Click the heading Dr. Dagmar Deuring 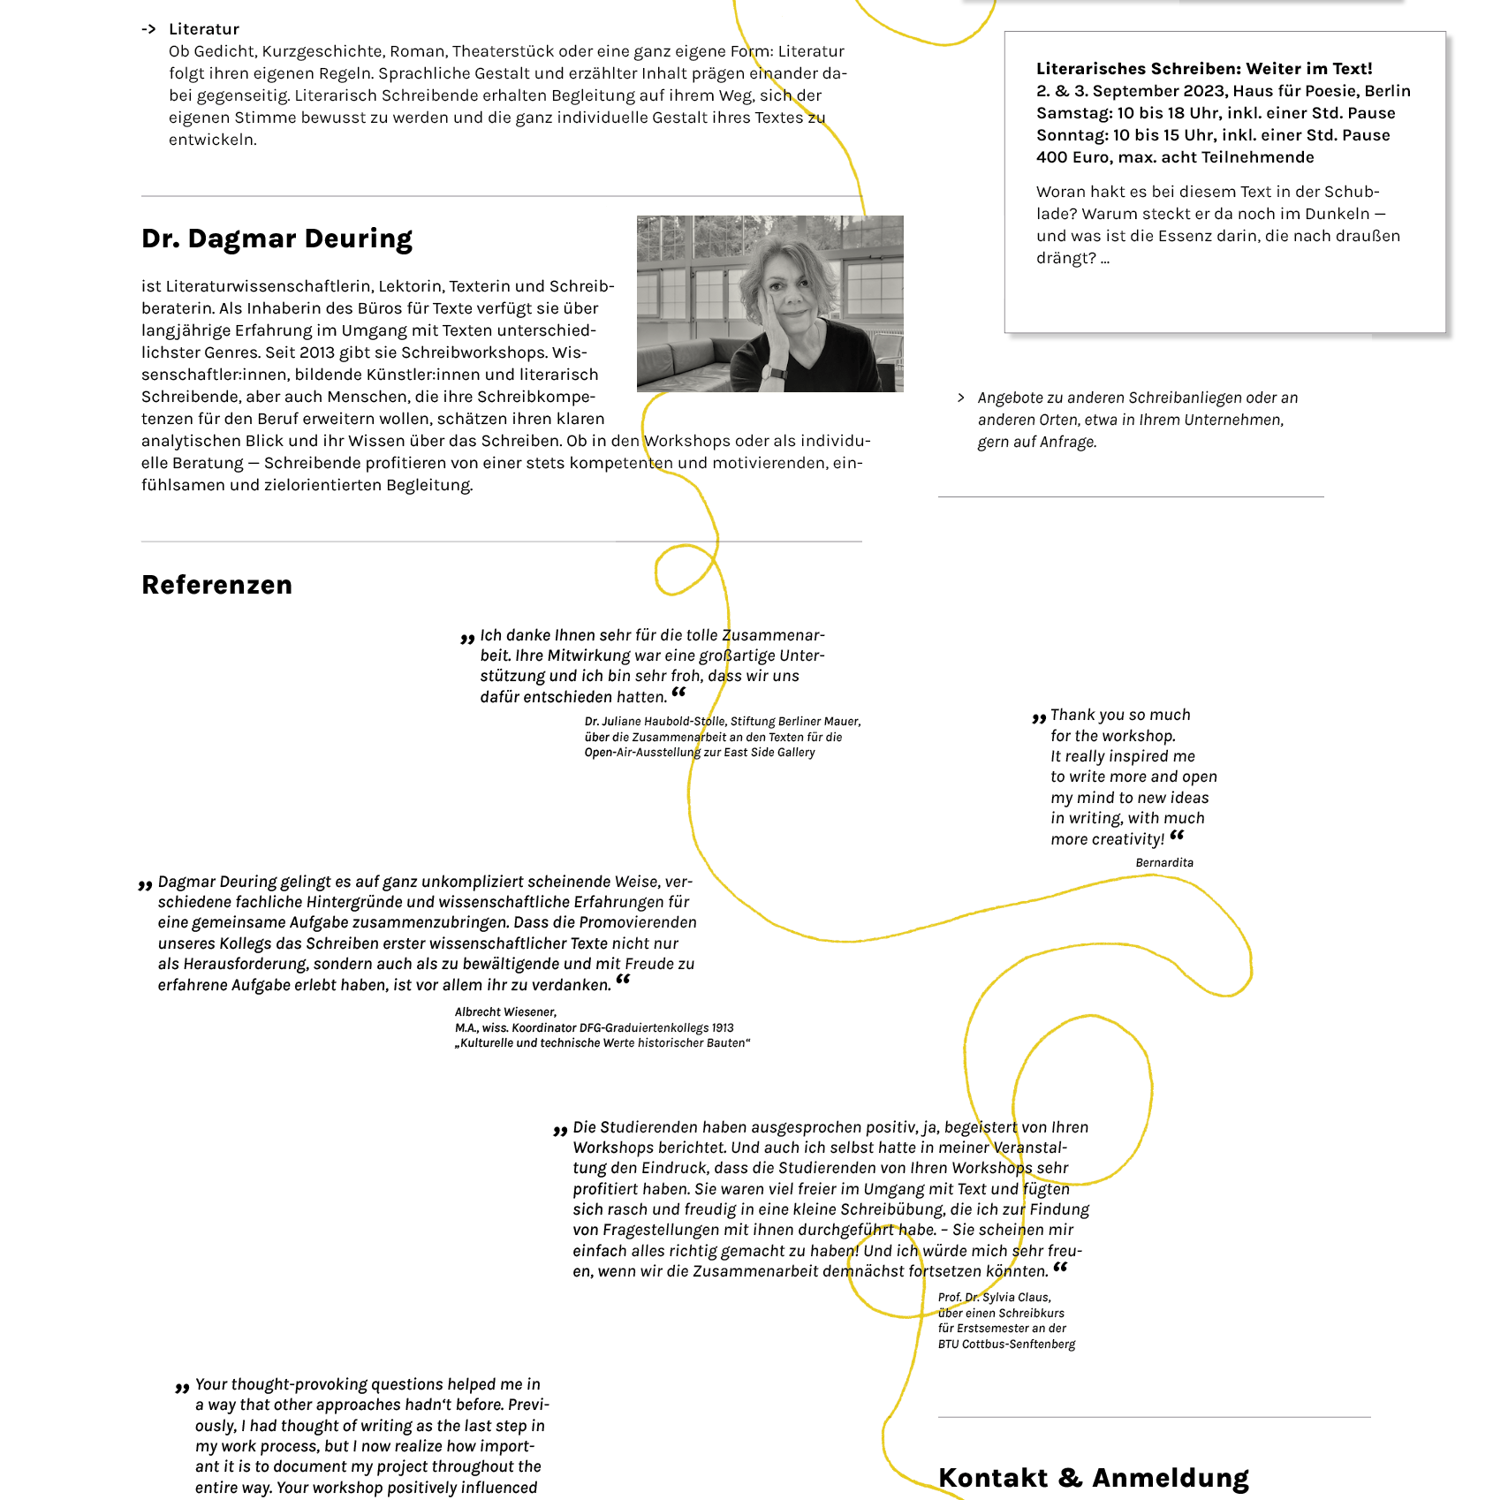click(277, 239)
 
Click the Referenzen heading click(216, 585)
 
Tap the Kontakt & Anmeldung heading click(1093, 1477)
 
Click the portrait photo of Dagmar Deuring click(769, 303)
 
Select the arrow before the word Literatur click(148, 29)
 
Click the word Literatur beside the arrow click(204, 29)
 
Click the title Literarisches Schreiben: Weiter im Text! click(1203, 69)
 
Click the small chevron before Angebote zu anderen click(960, 398)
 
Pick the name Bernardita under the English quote click(1163, 863)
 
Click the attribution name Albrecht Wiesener click(505, 1012)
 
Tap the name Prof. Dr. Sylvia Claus click(994, 1298)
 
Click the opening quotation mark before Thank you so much click(1039, 718)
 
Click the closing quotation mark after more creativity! click(1177, 835)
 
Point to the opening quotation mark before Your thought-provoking click(182, 1388)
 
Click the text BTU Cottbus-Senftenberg click(1006, 1345)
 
